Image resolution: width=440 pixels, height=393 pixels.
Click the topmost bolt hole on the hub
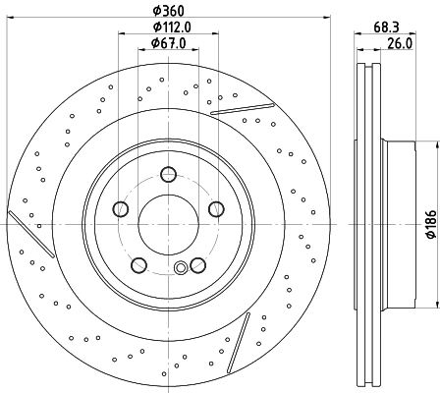point(168,176)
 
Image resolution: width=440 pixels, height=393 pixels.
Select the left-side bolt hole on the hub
point(122,208)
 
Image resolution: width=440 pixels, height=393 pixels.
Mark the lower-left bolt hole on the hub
point(139,263)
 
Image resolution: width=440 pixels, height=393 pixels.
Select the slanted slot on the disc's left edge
point(25,227)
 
